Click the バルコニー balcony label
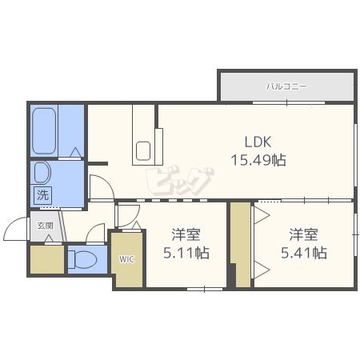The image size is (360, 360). [286, 86]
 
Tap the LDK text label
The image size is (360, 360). [258, 142]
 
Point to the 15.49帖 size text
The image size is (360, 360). [258, 159]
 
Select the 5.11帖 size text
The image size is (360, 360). [186, 253]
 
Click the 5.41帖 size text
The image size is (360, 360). [302, 253]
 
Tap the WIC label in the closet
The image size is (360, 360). [127, 259]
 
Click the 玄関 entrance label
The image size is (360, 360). [44, 226]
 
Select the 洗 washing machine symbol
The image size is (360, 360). [42, 194]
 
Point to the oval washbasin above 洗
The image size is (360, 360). [42, 174]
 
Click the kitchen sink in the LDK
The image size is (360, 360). [144, 150]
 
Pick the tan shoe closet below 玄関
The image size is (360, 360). [46, 259]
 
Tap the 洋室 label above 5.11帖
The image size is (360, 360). [186, 235]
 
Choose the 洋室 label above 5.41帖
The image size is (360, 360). [302, 235]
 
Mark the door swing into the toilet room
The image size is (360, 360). [96, 234]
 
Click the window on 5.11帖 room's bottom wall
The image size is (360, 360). [204, 287]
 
